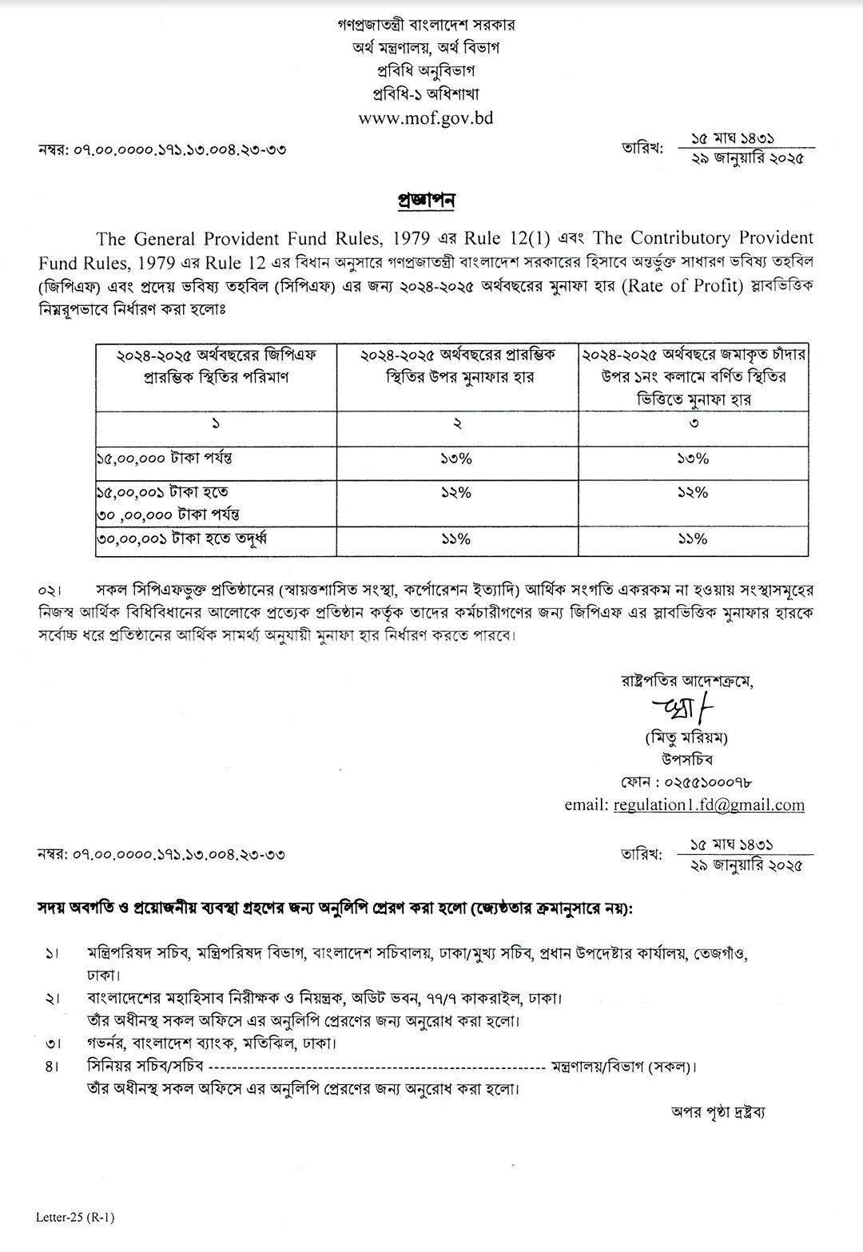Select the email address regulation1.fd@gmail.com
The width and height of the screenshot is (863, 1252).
coord(709,805)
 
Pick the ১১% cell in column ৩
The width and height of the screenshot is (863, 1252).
coord(692,539)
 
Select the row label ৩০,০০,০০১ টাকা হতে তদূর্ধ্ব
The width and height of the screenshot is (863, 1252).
coord(181,540)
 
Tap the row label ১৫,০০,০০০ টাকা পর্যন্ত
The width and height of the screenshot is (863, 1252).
coord(164,459)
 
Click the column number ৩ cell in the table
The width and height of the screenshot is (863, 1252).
coord(692,423)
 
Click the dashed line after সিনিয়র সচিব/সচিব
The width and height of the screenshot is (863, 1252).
coord(376,1067)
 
